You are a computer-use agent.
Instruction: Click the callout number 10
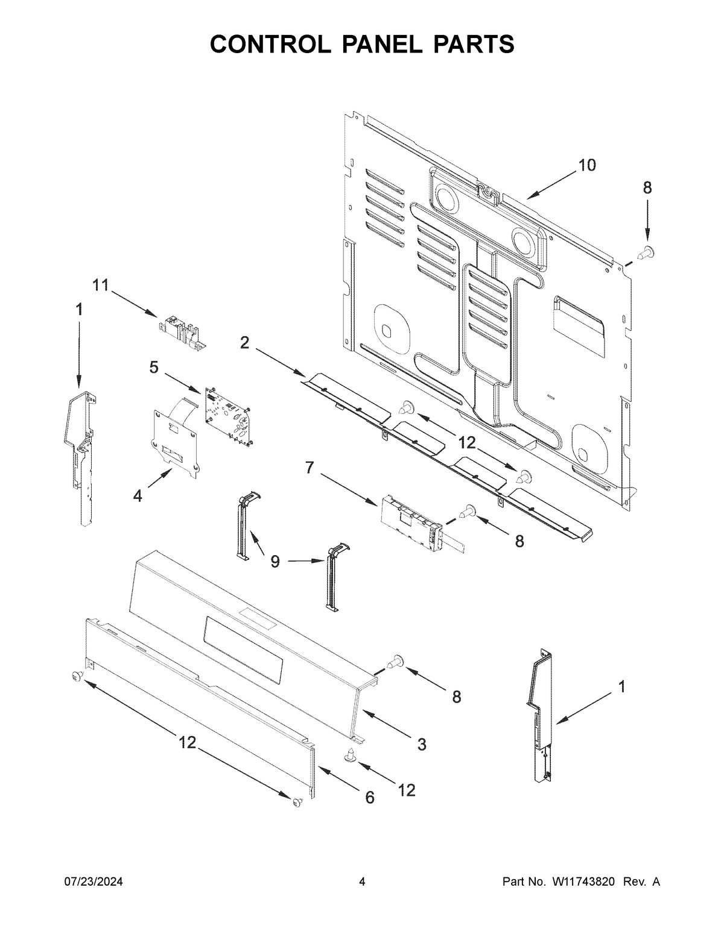[x=586, y=165]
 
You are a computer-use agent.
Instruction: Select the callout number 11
[x=100, y=285]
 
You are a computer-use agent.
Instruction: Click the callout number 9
[x=275, y=562]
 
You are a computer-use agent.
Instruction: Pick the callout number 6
[x=369, y=797]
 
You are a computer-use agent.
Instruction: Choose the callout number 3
[x=421, y=744]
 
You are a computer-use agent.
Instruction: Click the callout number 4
[x=138, y=496]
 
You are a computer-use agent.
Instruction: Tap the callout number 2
[x=244, y=343]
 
